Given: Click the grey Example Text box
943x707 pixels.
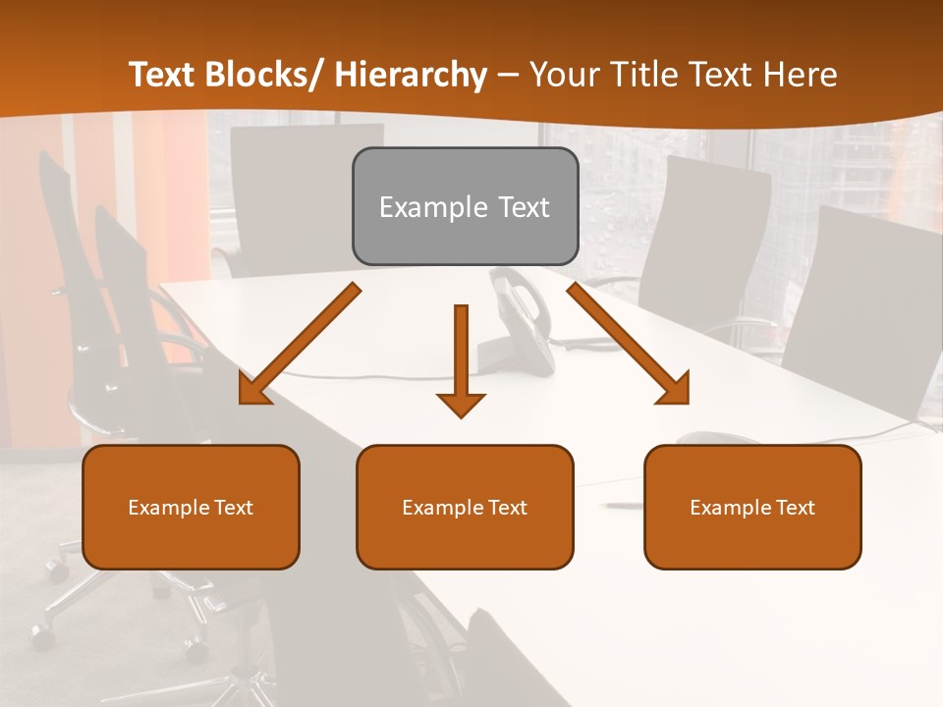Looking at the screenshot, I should [465, 206].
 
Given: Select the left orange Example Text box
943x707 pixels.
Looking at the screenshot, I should [191, 507].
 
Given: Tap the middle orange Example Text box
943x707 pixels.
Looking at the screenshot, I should [465, 507].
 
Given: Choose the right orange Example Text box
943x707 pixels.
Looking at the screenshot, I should [752, 507].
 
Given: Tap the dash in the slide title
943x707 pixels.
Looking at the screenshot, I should [508, 76].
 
